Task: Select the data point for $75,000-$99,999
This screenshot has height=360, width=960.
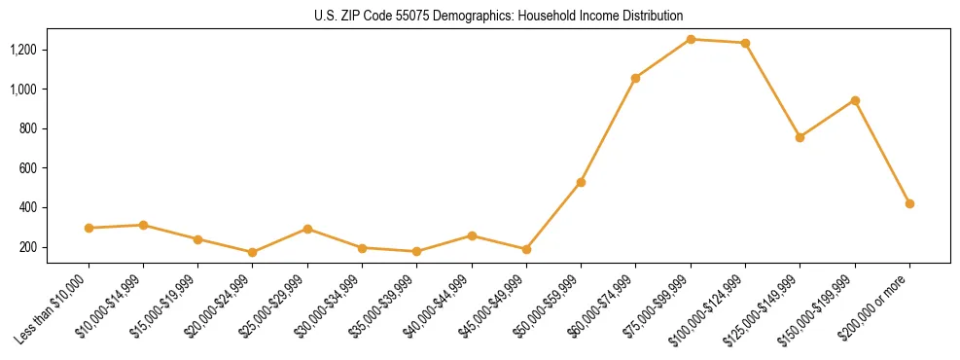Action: [691, 39]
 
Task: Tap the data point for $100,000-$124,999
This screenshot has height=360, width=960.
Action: [745, 43]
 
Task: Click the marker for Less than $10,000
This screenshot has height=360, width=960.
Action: [89, 228]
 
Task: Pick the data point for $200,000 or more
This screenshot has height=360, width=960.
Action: [909, 203]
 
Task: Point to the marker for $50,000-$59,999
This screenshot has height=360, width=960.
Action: [581, 182]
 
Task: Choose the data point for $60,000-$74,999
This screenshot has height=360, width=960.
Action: [635, 78]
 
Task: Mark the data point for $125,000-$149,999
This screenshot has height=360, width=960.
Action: [800, 137]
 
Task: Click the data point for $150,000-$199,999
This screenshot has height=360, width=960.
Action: [855, 100]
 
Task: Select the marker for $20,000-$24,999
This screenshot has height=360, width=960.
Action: [253, 252]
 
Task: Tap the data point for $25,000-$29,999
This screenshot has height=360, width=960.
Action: [307, 229]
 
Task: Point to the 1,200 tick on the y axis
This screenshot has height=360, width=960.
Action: [51, 50]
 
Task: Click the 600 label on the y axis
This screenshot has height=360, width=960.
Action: [56, 168]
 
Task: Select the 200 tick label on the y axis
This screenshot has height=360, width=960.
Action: [56, 247]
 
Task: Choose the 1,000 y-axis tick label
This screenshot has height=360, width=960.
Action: [51, 90]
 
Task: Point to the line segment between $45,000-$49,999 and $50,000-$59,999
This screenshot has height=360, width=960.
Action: [553, 216]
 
